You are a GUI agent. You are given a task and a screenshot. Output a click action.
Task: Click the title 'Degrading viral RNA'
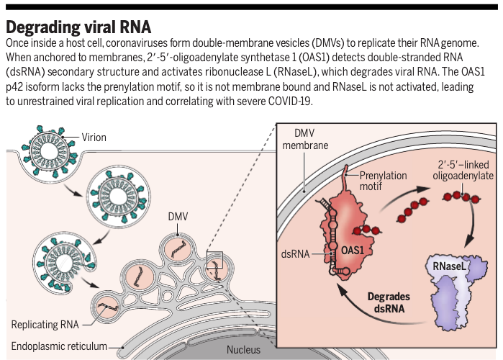pos(78,27)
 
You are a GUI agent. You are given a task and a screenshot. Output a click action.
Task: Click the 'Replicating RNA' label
pos(45,324)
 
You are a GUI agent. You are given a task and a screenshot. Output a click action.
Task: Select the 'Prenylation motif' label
pos(383,181)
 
